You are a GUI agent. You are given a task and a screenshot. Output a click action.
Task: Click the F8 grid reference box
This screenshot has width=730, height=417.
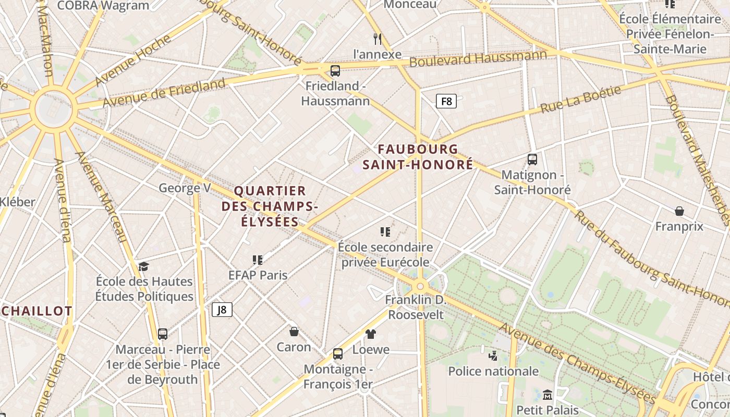click(446, 101)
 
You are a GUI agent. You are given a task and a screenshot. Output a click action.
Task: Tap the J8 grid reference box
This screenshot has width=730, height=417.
click(222, 310)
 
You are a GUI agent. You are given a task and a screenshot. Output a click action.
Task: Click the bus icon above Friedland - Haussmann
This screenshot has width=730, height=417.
click(335, 70)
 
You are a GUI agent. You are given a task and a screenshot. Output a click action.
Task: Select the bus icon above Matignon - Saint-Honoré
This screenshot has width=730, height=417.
click(532, 160)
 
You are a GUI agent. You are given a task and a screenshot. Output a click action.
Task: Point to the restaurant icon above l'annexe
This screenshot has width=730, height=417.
click(378, 39)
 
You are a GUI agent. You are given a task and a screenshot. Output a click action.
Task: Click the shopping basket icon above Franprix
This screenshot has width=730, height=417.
click(679, 211)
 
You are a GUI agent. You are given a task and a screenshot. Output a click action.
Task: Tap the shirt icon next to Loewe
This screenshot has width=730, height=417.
click(370, 334)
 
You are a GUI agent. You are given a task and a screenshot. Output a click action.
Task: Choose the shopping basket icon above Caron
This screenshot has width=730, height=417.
click(294, 332)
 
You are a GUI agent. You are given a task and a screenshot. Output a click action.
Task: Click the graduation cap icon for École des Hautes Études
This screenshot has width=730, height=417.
click(143, 266)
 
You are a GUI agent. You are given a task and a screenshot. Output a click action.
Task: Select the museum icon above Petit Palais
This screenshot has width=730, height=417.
click(547, 395)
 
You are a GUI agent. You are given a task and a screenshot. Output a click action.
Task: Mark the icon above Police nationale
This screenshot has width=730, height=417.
click(493, 356)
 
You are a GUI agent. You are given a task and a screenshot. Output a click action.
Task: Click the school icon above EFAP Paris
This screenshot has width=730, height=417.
click(257, 260)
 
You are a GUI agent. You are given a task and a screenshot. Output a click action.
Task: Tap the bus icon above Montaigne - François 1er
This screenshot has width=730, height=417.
click(338, 354)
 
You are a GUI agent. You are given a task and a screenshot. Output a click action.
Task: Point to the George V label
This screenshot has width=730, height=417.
click(185, 188)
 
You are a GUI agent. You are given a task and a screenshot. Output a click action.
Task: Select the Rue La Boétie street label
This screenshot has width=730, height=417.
click(580, 99)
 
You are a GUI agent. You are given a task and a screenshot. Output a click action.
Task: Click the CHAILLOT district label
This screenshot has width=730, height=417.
click(36, 311)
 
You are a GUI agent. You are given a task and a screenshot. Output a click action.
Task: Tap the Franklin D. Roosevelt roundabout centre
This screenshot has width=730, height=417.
click(420, 286)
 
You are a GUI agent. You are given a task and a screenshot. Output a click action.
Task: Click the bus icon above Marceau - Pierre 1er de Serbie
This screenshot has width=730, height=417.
click(163, 334)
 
